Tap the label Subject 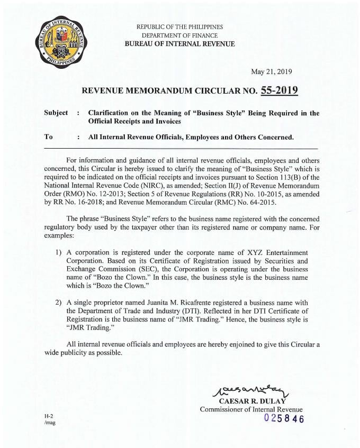57,113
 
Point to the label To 49,136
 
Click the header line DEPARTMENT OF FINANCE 179,35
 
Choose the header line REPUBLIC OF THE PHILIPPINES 179,26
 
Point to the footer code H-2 49,417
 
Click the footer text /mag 51,423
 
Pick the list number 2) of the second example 59,302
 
